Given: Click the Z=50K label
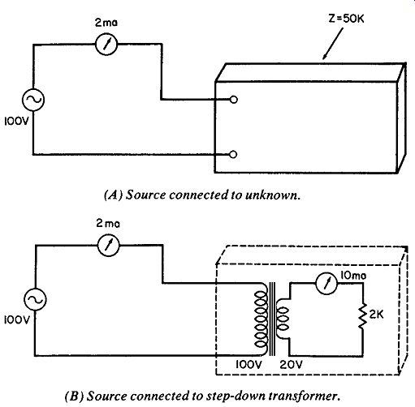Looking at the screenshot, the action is [346, 19].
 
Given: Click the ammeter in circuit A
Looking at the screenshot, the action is [106, 45].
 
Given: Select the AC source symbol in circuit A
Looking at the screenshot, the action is [33, 100].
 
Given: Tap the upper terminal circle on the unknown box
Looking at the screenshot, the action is [233, 100].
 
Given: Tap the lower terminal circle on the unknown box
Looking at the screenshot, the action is [233, 154].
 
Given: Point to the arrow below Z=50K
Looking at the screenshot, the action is [333, 44].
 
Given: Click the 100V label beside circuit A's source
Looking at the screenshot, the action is [16, 122].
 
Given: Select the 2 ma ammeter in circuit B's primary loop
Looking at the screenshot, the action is [108, 246].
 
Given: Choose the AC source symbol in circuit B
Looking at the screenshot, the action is [35, 299].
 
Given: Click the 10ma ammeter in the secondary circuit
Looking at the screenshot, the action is [326, 283].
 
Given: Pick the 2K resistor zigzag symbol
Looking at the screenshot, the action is [363, 315].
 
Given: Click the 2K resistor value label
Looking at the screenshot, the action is [377, 315].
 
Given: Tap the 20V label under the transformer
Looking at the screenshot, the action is [291, 365].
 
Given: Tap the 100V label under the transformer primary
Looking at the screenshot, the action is [249, 365].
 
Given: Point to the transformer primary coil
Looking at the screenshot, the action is [261, 319].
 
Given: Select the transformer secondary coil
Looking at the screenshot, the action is [282, 319].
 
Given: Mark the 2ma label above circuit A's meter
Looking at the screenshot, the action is [106, 23].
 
